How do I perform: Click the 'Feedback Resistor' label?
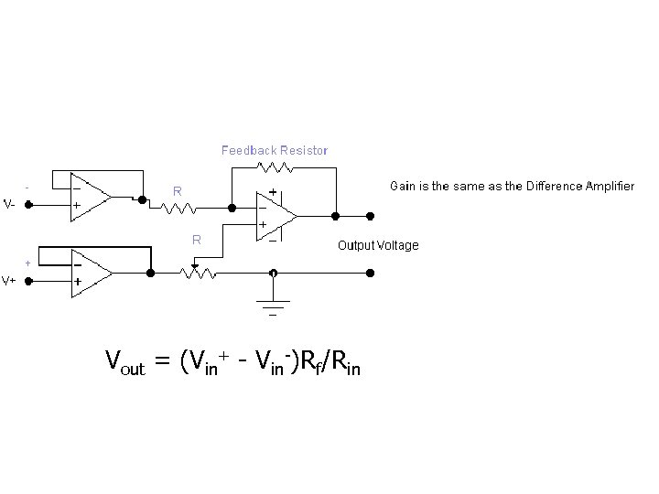tap(275, 149)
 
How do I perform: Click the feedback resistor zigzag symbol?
tap(275, 167)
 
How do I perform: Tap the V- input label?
tap(8, 205)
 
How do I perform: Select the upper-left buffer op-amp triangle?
tap(89, 196)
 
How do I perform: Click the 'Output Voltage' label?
tap(378, 245)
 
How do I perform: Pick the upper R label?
tap(178, 191)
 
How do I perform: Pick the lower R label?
tap(196, 241)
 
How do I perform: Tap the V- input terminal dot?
tap(28, 205)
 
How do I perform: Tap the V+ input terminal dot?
tap(28, 280)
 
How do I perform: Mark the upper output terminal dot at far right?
tap(371, 216)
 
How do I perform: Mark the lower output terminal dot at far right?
tap(371, 273)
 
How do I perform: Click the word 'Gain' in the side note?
tap(404, 186)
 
